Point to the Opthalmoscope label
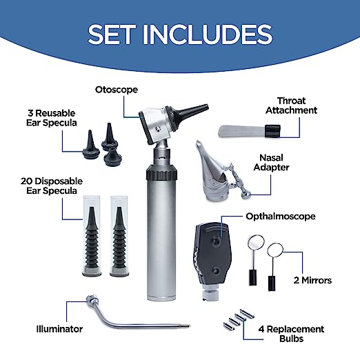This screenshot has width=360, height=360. pos(280,216)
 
